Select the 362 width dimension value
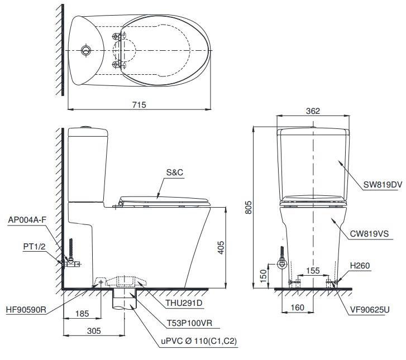313,111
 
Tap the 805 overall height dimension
246,207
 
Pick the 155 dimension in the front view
313,270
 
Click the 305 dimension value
93,330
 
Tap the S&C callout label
174,173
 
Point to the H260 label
360,266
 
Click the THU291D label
184,304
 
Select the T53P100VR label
188,322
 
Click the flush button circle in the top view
85,50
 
